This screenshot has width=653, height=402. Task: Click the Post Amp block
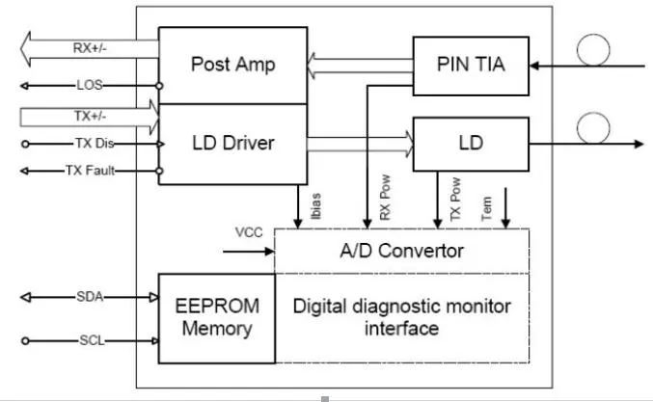[232, 66]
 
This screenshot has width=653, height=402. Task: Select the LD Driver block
[232, 144]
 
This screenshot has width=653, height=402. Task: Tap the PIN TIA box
[472, 66]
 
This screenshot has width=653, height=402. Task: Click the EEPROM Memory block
[216, 317]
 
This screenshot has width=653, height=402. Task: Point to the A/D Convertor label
[401, 252]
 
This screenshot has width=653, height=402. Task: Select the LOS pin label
[89, 85]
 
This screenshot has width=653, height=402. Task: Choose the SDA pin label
[89, 297]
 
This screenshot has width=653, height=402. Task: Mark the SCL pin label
[89, 340]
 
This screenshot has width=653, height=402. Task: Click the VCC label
[248, 233]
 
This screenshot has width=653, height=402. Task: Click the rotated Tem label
[487, 208]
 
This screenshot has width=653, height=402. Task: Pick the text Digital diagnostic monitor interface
[401, 317]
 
